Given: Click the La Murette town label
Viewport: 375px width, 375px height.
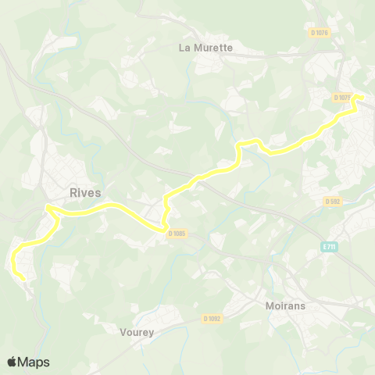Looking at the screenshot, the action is coord(205,47).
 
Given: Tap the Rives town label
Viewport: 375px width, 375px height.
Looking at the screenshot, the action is coord(85,192).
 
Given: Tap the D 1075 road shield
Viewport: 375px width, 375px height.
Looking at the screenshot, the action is coord(341,98).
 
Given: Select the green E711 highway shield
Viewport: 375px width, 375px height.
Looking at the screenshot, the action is coord(331,247).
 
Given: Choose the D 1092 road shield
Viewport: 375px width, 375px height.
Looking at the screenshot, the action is coord(212,318).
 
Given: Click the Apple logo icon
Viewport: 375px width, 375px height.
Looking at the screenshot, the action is coord(12,362).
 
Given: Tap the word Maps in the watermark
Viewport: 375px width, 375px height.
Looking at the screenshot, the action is coord(34,362).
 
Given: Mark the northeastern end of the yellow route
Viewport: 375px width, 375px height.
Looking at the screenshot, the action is coord(361,97).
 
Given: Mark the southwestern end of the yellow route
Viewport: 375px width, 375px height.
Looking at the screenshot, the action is coord(23,278).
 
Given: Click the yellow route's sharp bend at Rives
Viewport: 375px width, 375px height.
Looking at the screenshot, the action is coord(48,207).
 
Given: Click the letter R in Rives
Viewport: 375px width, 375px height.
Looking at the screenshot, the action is coord(73,192).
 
